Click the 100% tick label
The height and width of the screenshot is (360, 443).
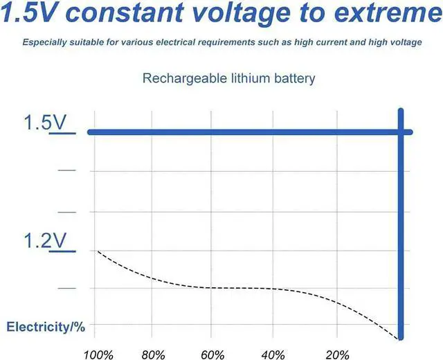click(x=98, y=355)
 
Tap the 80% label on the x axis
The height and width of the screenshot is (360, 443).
click(x=154, y=355)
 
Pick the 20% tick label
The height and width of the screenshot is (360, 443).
click(x=336, y=355)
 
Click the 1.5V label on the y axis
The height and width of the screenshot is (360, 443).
click(x=45, y=123)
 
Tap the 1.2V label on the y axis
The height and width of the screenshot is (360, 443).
click(x=45, y=241)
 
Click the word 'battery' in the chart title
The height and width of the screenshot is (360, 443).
click(x=292, y=78)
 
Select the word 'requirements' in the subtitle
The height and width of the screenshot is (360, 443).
click(x=245, y=42)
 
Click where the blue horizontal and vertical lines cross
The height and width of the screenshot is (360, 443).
click(x=401, y=132)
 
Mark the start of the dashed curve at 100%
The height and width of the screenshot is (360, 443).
click(x=98, y=251)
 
